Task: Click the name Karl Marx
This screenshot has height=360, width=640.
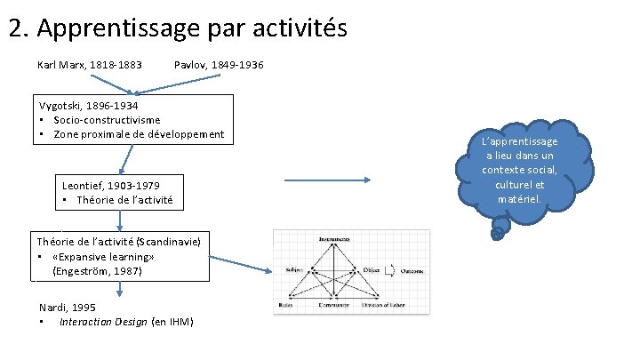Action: [63, 66]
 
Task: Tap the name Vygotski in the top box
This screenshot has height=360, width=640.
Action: [61, 105]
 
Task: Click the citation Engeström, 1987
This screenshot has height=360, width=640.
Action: [97, 270]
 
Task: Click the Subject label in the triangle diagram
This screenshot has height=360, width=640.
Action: [295, 270]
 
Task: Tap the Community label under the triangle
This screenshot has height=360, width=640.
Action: [339, 305]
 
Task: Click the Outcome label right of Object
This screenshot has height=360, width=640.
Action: [411, 270]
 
